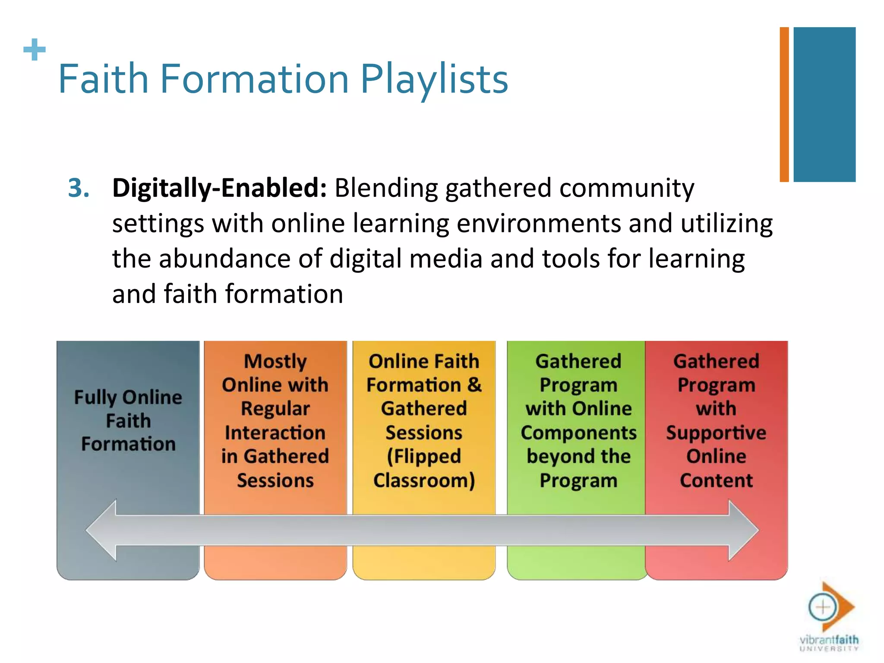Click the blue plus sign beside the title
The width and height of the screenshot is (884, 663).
click(x=35, y=50)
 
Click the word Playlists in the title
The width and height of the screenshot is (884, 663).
click(x=434, y=79)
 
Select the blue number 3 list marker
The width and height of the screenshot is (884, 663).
click(x=79, y=188)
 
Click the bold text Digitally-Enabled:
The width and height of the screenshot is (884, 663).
click(x=219, y=188)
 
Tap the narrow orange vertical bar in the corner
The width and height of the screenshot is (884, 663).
click(x=784, y=104)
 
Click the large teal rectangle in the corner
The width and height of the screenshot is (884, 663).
click(x=824, y=104)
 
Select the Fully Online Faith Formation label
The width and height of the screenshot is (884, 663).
click(x=128, y=420)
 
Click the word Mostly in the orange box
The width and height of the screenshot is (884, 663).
click(x=275, y=362)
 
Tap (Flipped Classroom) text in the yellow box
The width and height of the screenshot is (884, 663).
click(x=424, y=469)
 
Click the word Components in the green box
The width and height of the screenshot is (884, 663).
click(x=578, y=433)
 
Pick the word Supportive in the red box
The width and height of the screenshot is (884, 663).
click(x=716, y=433)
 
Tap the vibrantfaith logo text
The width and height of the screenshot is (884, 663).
click(x=829, y=640)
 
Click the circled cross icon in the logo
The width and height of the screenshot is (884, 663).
click(x=822, y=607)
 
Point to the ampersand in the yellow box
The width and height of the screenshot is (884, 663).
click(x=474, y=385)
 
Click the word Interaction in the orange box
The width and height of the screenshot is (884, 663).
click(x=275, y=433)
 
